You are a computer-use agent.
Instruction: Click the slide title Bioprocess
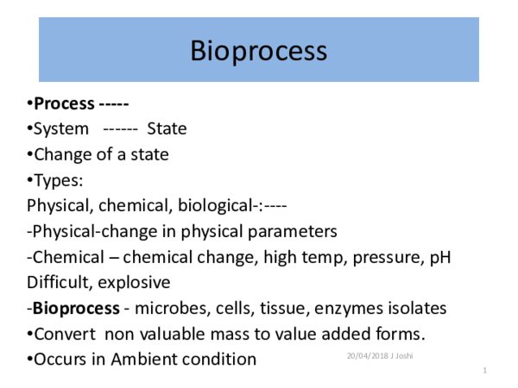click(258, 51)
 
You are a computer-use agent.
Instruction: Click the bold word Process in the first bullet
click(64, 104)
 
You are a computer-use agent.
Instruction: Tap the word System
click(60, 129)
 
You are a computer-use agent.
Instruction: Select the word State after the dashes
click(167, 129)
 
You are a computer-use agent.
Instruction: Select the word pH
click(440, 257)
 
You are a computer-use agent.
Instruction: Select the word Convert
click(65, 334)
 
